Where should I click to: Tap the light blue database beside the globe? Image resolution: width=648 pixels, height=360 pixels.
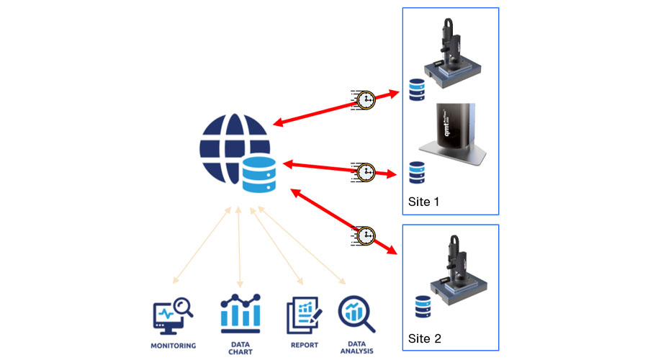click(x=260, y=175)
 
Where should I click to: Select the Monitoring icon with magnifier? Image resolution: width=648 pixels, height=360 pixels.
click(x=173, y=315)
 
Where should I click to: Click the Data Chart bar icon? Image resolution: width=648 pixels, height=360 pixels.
click(x=240, y=311)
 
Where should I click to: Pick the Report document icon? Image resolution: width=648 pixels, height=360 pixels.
click(x=303, y=314)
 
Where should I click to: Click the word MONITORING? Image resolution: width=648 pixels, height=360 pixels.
click(x=173, y=346)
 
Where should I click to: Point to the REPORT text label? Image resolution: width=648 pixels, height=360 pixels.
click(x=304, y=346)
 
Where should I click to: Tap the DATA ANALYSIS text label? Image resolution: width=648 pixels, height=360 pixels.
click(x=356, y=348)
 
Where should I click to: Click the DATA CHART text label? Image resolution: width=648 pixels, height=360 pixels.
click(x=240, y=348)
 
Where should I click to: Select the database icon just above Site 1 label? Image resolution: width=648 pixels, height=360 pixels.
click(x=417, y=172)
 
